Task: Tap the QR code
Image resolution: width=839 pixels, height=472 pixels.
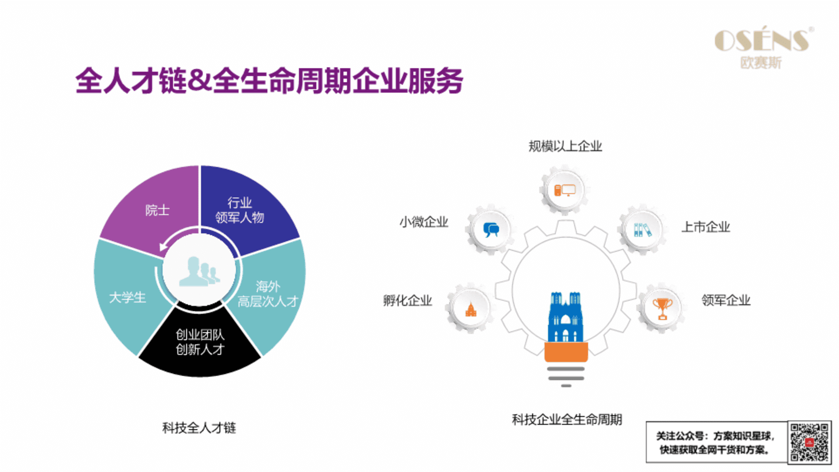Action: (809, 442)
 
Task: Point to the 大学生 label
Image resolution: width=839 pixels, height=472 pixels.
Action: (127, 298)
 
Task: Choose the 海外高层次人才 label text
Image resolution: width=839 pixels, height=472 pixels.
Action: (268, 294)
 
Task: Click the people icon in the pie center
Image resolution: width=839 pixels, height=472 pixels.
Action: (199, 271)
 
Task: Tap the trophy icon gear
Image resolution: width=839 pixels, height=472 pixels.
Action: (662, 308)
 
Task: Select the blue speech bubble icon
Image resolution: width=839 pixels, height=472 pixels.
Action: (491, 229)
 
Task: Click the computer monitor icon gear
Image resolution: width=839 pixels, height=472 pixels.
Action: (565, 190)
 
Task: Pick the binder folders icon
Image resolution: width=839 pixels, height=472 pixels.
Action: (642, 229)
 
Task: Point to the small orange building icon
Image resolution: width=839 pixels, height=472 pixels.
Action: (471, 309)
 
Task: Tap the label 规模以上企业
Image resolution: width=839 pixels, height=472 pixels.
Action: (565, 146)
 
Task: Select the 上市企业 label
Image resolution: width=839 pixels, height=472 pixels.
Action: (706, 227)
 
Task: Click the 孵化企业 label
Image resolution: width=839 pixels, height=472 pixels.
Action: (407, 300)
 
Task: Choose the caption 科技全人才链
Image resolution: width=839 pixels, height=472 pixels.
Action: (199, 427)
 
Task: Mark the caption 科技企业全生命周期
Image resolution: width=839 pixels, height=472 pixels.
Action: (567, 420)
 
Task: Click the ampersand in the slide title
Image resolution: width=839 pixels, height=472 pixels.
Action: (200, 80)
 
